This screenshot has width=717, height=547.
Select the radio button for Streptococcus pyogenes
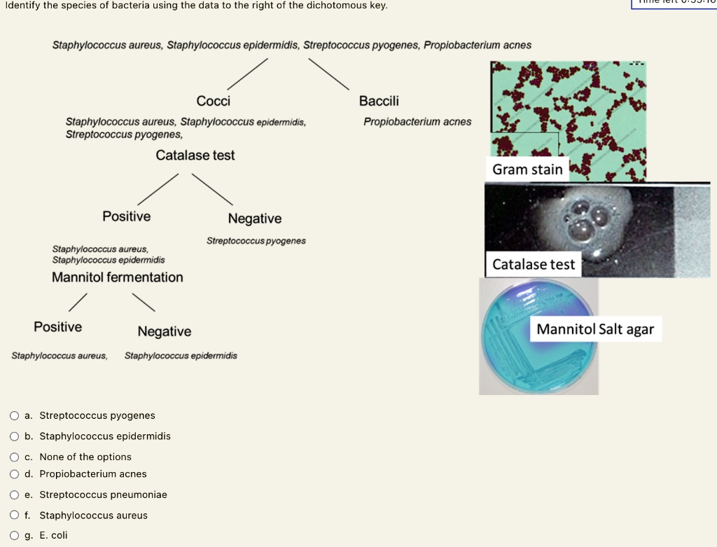[15, 415]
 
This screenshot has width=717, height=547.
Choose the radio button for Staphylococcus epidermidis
[15, 436]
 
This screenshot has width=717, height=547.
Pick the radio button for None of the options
[15, 457]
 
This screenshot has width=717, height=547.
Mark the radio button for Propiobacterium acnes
[15, 474]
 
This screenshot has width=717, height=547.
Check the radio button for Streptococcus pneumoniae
[15, 494]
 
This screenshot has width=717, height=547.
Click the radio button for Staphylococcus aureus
[15, 515]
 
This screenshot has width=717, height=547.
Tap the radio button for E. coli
[15, 536]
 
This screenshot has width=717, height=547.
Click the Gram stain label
[527, 169]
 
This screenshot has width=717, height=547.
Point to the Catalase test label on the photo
[533, 265]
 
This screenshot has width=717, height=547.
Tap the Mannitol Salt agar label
[594, 329]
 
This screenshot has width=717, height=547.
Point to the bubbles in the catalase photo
[587, 218]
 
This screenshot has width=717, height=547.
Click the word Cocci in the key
[214, 102]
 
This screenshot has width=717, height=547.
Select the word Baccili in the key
[379, 102]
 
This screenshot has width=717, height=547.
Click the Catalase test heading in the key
[195, 155]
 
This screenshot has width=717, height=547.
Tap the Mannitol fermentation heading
[118, 277]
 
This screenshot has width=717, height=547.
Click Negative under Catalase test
[255, 219]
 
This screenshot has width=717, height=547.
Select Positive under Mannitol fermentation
[58, 327]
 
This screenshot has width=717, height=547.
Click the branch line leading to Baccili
[328, 73]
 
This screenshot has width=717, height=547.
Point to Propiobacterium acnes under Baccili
[417, 122]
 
